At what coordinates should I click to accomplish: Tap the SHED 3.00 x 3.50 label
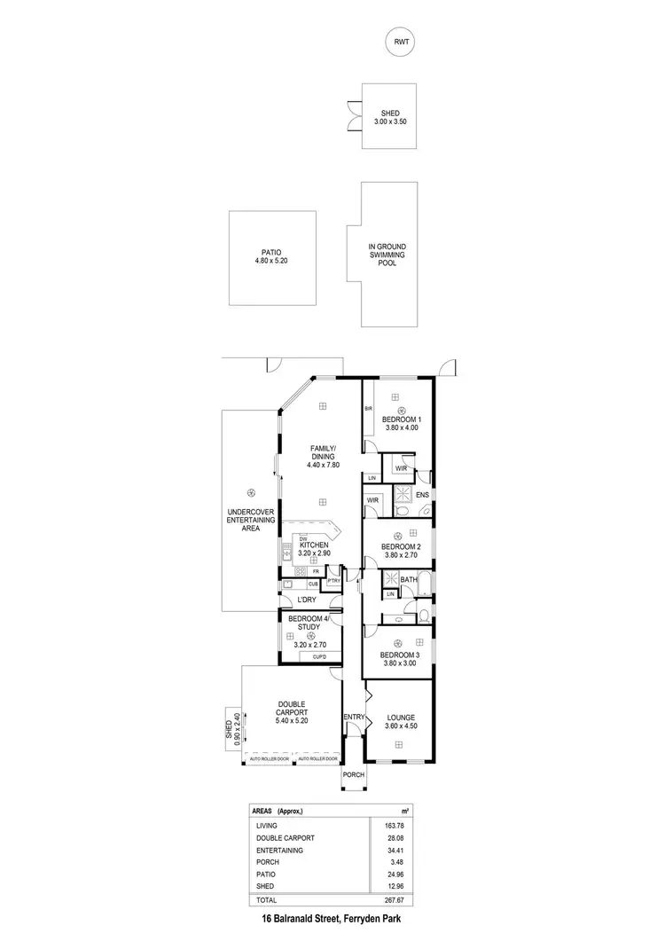(x=390, y=117)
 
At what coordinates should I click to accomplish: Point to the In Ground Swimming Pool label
(x=387, y=255)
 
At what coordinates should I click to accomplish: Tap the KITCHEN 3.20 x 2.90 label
(x=315, y=548)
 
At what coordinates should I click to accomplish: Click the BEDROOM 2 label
(x=401, y=551)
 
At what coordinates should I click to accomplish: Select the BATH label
(x=408, y=580)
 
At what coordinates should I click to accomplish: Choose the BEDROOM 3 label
(x=401, y=659)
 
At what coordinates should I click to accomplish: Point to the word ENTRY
(x=354, y=717)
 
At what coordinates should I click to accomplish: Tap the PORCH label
(x=354, y=774)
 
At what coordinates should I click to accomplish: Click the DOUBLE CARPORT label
(x=290, y=712)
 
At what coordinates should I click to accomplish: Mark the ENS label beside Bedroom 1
(x=422, y=494)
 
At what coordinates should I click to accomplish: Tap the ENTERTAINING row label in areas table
(x=279, y=851)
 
